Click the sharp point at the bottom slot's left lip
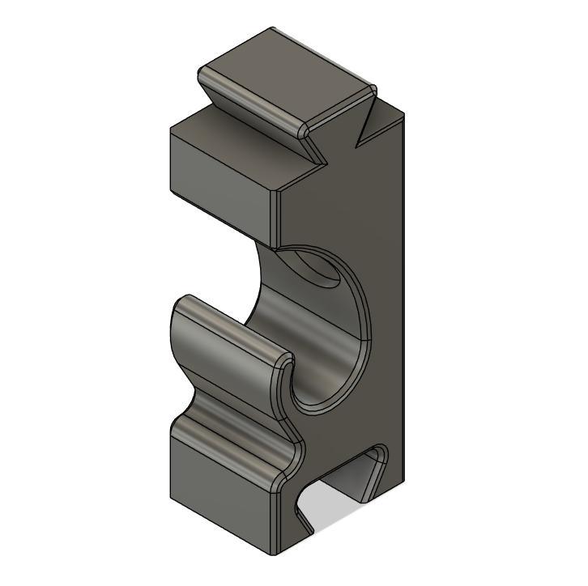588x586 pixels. (x=311, y=534)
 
